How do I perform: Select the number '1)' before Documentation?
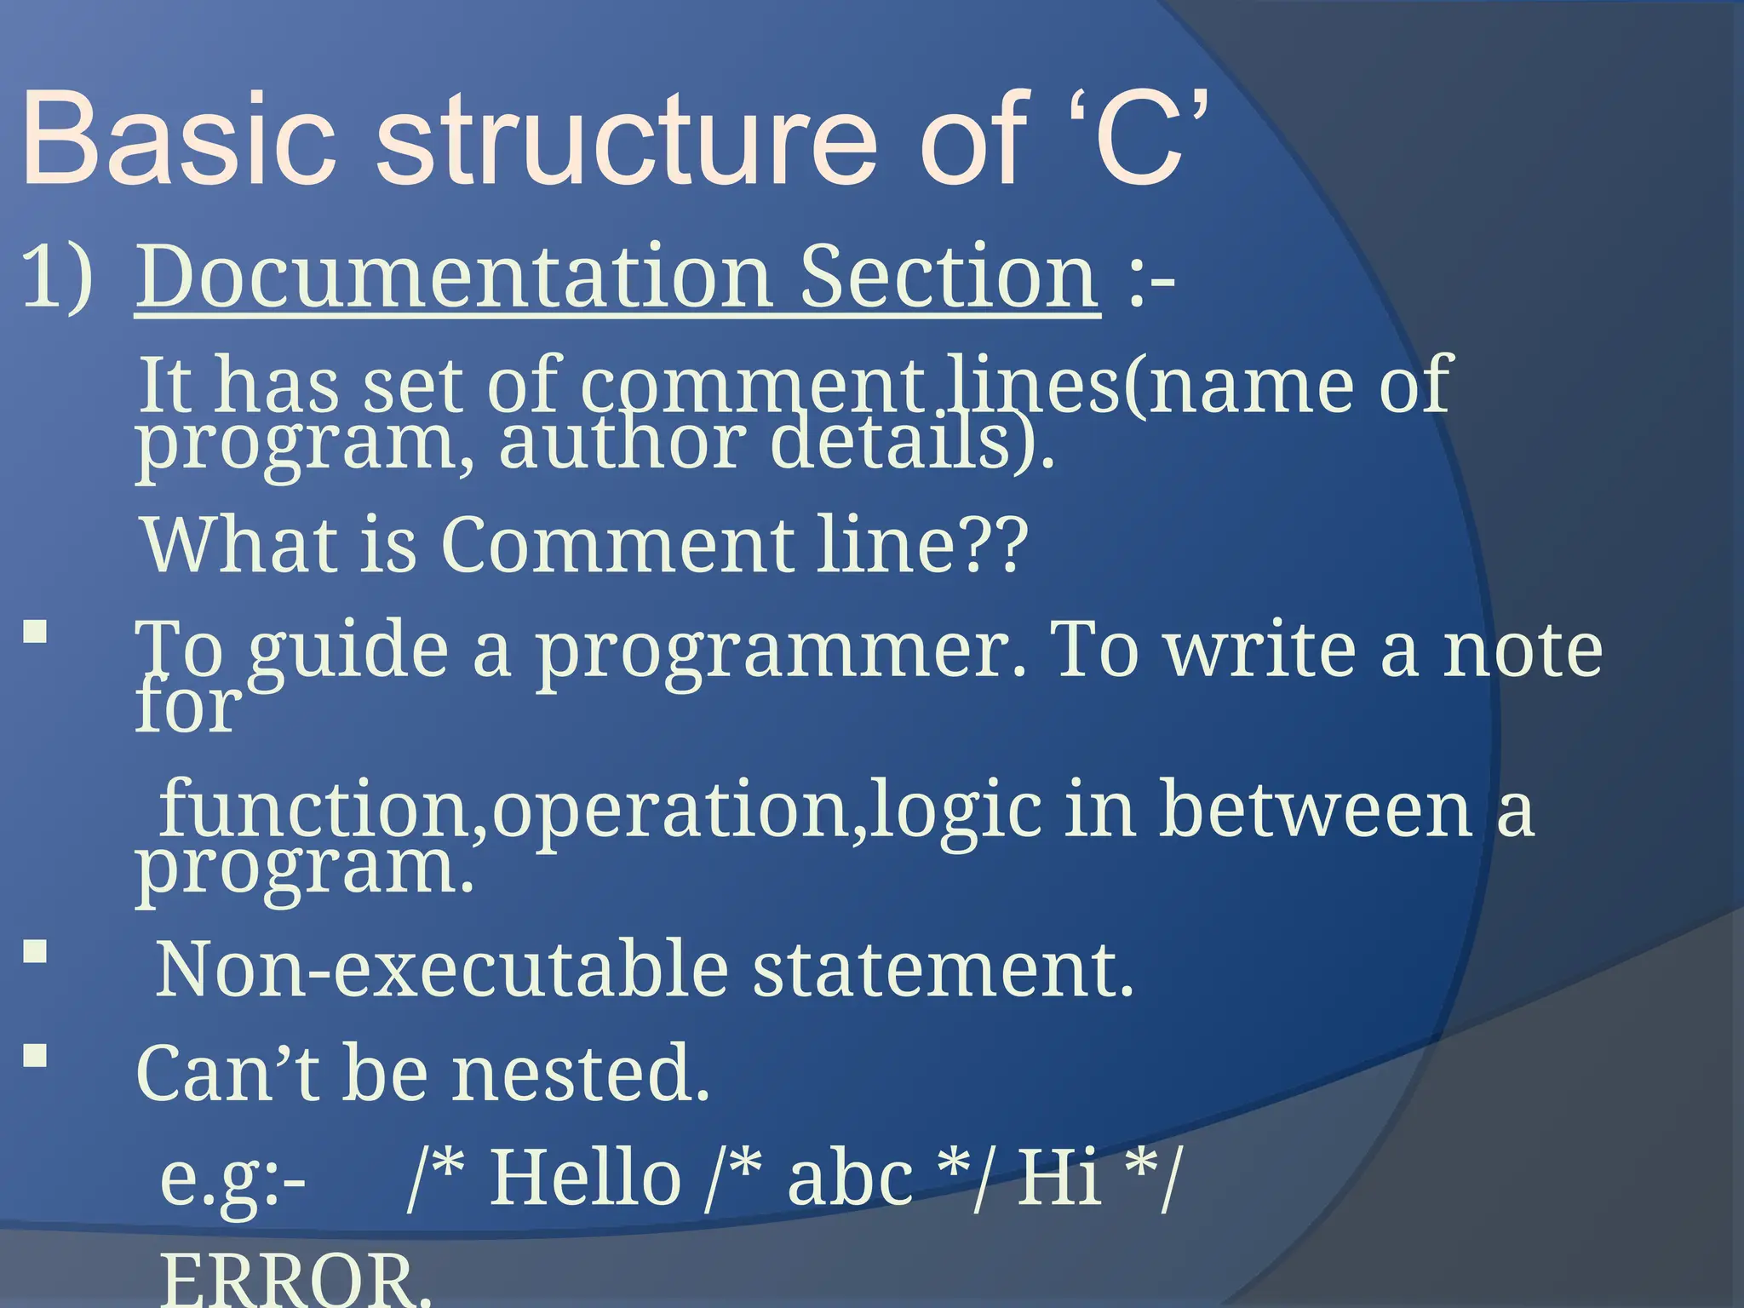[x=56, y=277]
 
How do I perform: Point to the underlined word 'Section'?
[x=949, y=277]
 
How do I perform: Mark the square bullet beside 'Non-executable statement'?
[x=35, y=951]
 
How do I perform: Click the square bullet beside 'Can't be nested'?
[x=35, y=1056]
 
